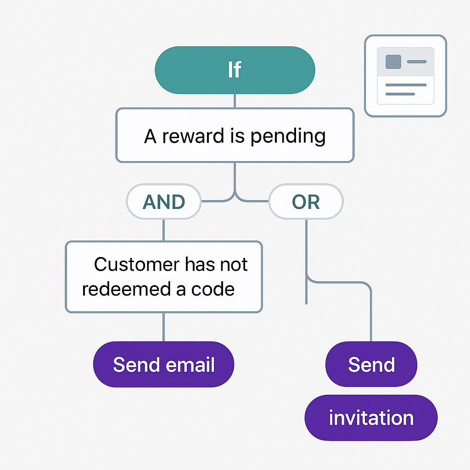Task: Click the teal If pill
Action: (x=235, y=70)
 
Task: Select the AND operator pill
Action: (x=164, y=201)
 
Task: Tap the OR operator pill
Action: (x=306, y=201)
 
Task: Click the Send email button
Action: (x=164, y=364)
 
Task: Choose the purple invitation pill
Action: (x=371, y=418)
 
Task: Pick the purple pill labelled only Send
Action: (x=371, y=364)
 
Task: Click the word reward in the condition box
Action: (x=193, y=136)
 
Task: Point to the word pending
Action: (x=288, y=136)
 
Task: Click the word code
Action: (x=213, y=289)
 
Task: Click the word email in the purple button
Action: (x=190, y=364)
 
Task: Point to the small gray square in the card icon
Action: (x=393, y=62)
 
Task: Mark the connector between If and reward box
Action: (x=235, y=101)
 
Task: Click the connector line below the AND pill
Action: (x=164, y=230)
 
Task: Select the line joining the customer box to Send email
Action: (x=164, y=327)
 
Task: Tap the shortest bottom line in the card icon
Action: (x=400, y=94)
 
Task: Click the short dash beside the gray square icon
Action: (x=417, y=62)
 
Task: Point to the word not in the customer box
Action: (x=234, y=265)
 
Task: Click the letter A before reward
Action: (x=150, y=136)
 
